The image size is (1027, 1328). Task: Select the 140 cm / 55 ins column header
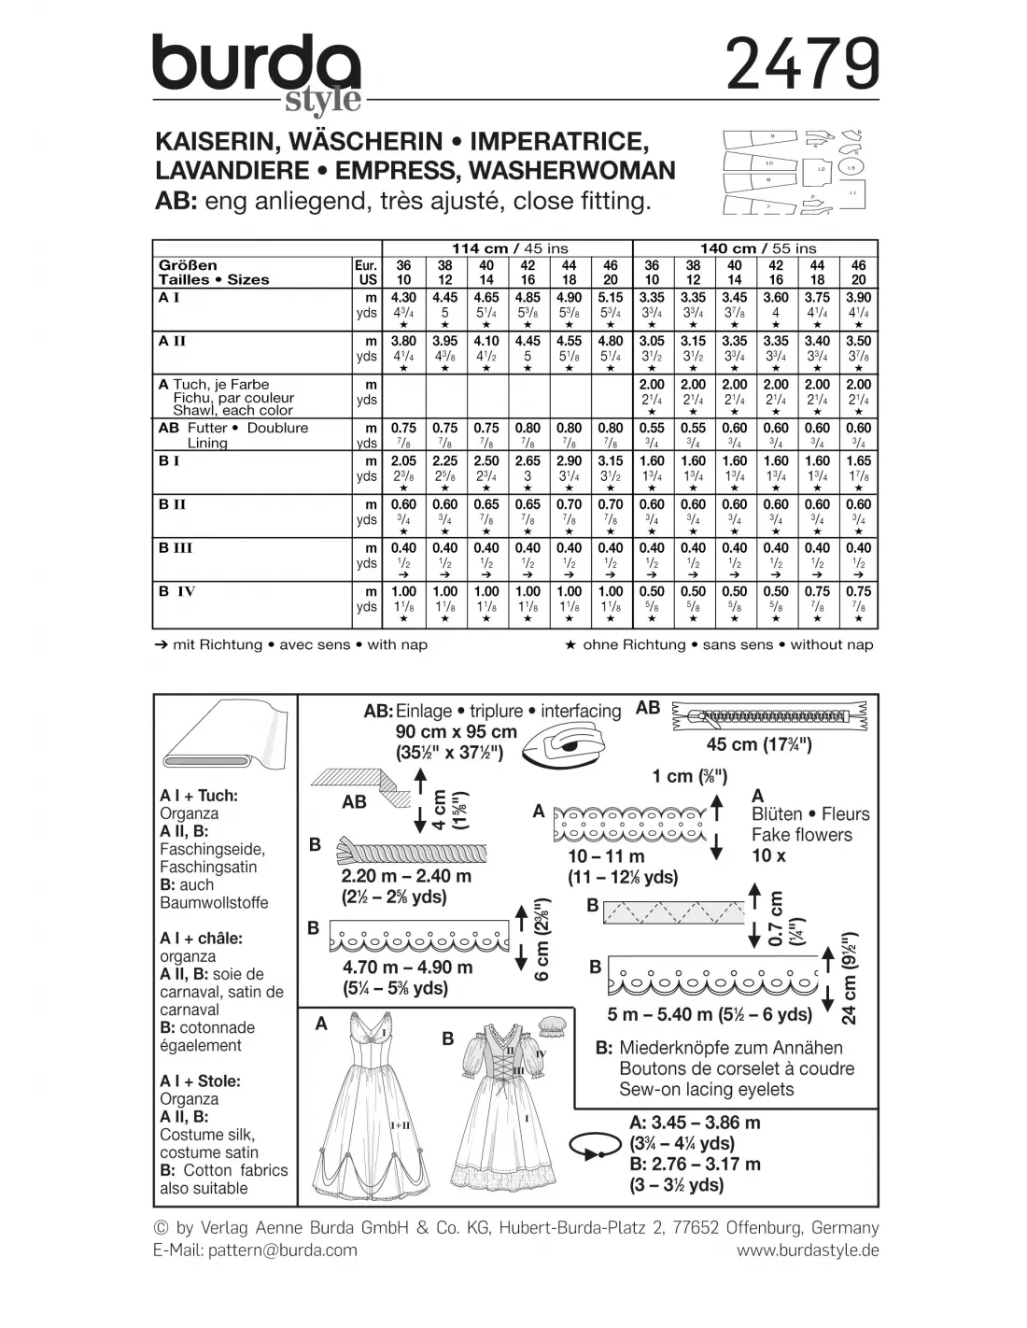[x=758, y=247]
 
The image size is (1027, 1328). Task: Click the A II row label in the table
[x=174, y=341]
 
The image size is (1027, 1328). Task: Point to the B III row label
[x=176, y=547]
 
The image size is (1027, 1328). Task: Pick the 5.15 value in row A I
[x=610, y=298]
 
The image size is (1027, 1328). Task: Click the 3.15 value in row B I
[x=610, y=460]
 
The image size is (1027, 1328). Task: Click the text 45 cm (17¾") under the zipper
[x=759, y=745]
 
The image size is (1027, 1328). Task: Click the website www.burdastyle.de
[x=808, y=1250]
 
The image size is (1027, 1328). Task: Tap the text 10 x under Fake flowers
[x=768, y=855]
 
